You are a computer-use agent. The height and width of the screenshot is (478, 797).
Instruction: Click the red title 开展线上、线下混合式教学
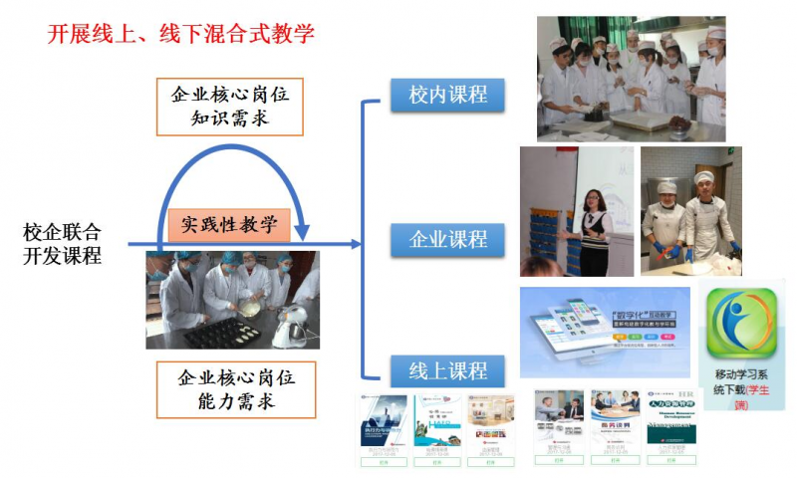point(181,33)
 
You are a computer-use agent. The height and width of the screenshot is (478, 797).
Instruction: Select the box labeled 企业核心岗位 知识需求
point(230,108)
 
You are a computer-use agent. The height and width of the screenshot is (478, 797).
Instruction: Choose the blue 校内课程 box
point(448,96)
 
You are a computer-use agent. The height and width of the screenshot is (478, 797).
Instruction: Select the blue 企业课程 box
point(448,239)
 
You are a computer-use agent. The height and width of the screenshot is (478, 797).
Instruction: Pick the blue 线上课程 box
point(448,369)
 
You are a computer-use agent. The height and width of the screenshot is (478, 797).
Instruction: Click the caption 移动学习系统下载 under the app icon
point(743,381)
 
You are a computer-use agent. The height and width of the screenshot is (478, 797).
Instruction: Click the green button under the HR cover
point(670,461)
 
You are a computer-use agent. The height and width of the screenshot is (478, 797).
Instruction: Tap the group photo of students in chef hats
point(631,78)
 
